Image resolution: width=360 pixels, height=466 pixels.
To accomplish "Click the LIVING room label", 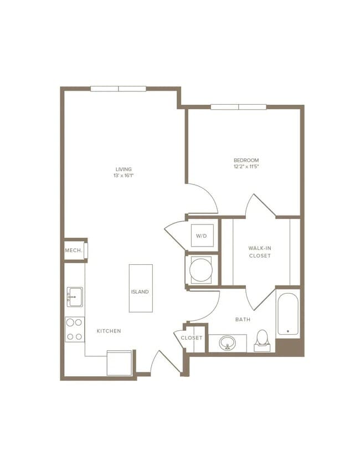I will point(124,169).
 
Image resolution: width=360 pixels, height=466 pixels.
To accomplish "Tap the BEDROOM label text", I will point(246,160).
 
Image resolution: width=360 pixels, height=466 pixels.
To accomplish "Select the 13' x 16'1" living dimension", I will point(124,176).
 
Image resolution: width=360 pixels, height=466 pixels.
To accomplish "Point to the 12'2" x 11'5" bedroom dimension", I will point(246,166).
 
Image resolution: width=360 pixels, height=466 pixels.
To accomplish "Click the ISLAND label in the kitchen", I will point(140,291).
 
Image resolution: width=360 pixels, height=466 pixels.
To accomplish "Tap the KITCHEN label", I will point(109,331).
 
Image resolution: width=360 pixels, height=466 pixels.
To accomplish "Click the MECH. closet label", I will point(74,250).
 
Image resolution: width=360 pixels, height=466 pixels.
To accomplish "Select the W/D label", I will point(200,236).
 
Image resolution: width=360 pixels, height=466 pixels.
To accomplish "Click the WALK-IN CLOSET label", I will point(259,252).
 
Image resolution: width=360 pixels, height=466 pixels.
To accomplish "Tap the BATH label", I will point(243,320).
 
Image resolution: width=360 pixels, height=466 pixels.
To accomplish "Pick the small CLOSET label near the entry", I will point(192,337).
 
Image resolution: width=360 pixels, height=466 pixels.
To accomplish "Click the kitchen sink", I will point(74,298).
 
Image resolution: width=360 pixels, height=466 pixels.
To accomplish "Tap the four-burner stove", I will point(75,329).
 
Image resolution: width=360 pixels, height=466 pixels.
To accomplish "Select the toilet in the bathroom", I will point(262,340).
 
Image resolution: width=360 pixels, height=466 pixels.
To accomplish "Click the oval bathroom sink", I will point(227,343).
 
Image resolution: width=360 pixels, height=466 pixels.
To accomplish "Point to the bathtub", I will point(287,314).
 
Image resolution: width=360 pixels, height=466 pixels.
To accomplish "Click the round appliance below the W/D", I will point(200,270).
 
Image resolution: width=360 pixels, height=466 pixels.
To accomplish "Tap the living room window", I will point(119,89).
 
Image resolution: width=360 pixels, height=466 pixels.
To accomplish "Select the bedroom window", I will point(238,107).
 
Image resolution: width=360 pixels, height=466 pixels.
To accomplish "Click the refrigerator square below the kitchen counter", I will point(119,362).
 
